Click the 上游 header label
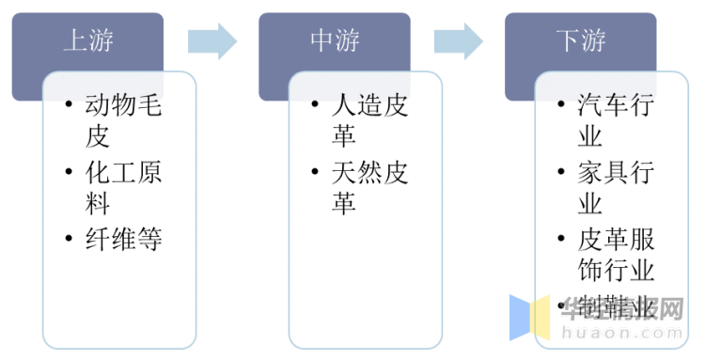[89, 40]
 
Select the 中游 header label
[336, 40]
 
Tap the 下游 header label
[581, 40]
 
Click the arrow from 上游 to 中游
[212, 40]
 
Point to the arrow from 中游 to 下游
[459, 40]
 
